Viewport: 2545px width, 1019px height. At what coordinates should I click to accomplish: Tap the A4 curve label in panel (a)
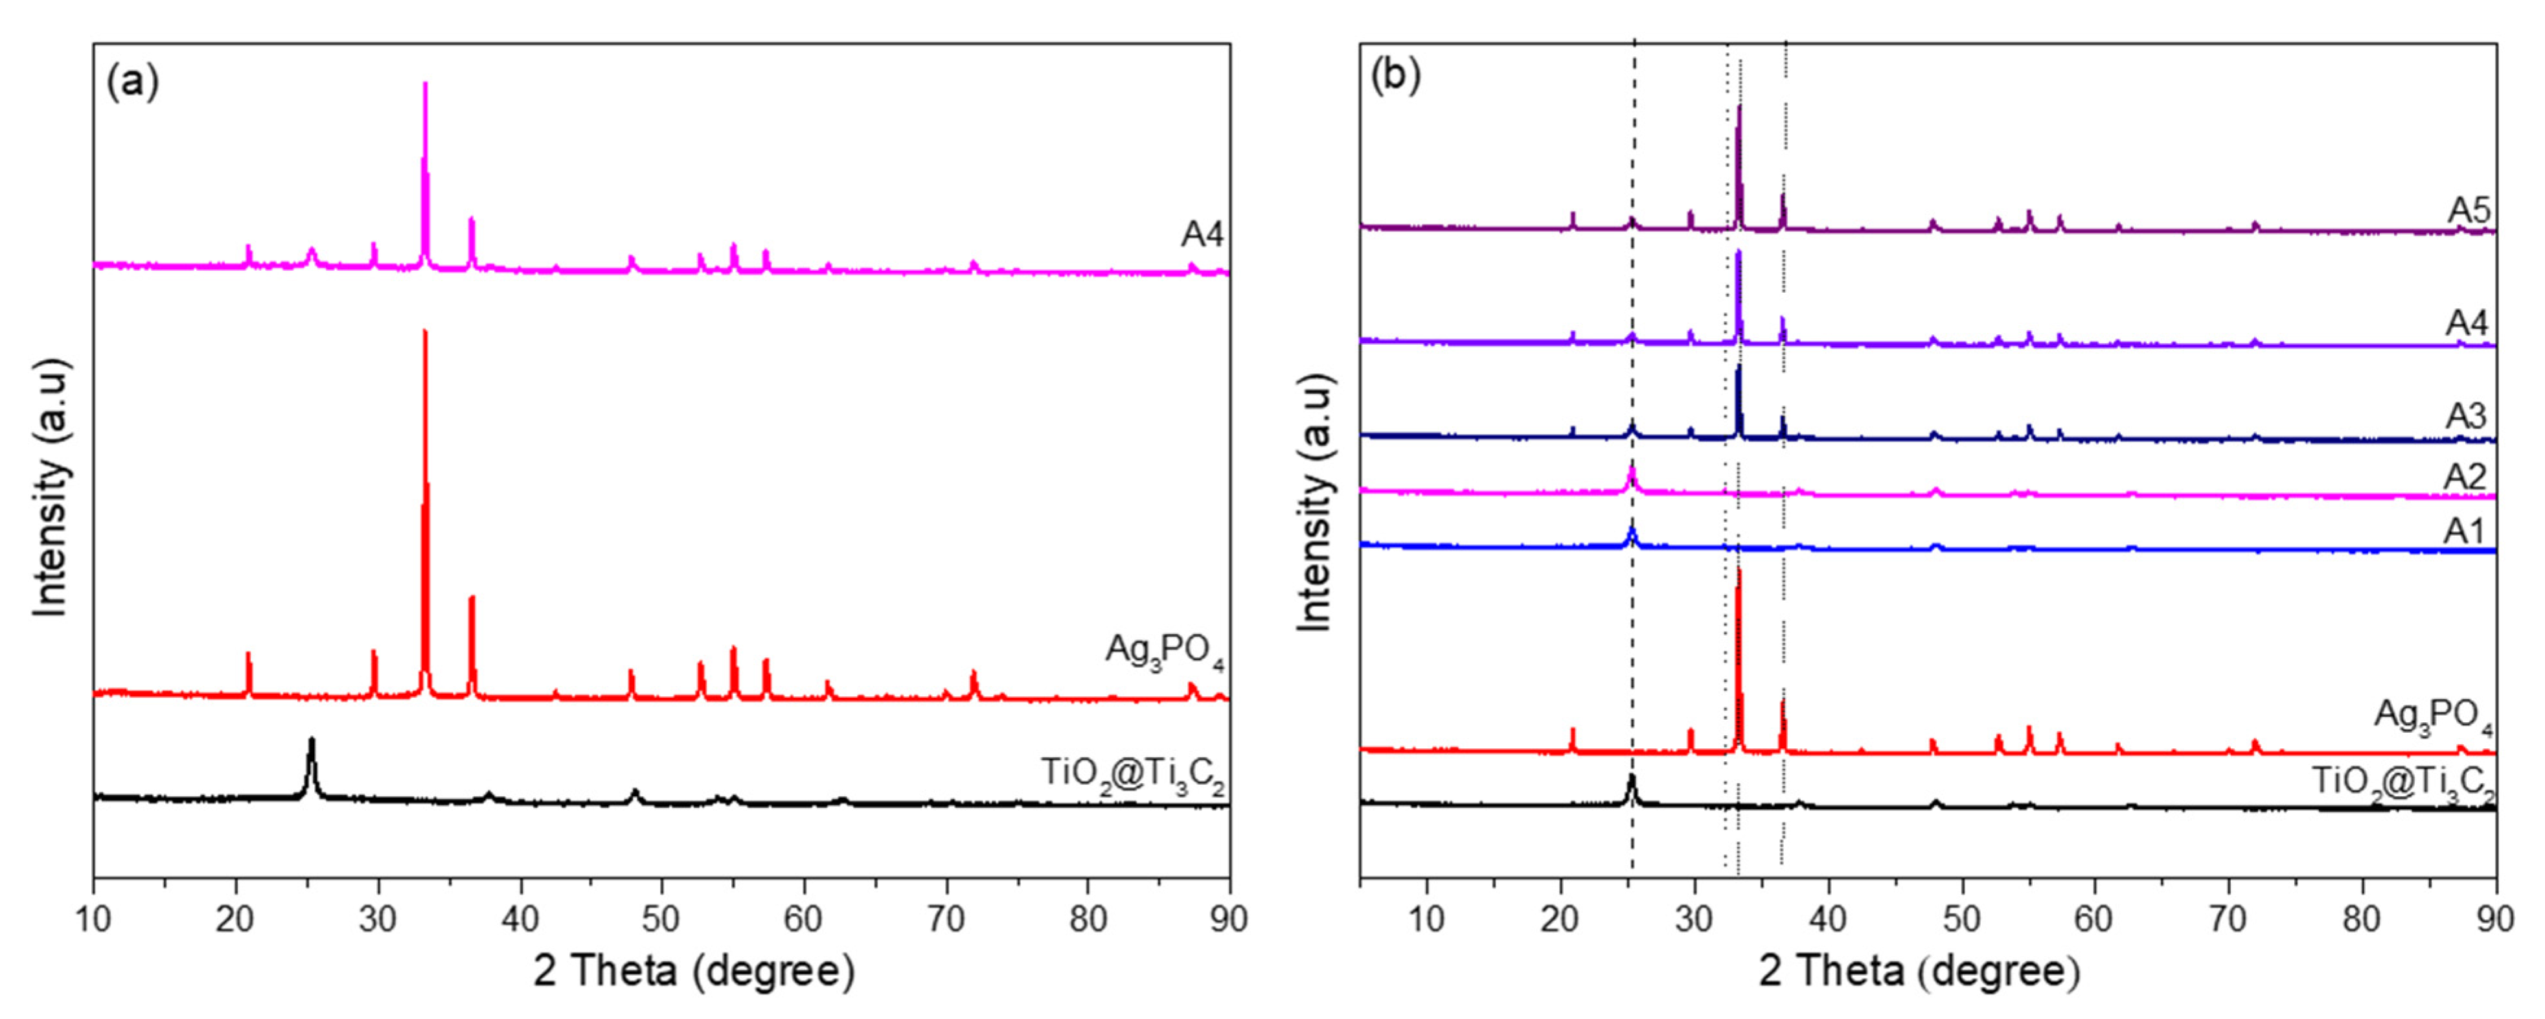[x=1202, y=235]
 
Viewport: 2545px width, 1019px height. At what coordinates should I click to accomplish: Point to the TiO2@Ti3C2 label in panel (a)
[x=1132, y=772]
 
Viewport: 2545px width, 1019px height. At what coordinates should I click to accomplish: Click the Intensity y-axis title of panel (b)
[x=1315, y=502]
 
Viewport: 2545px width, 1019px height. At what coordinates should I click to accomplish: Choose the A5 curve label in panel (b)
[x=2468, y=211]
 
